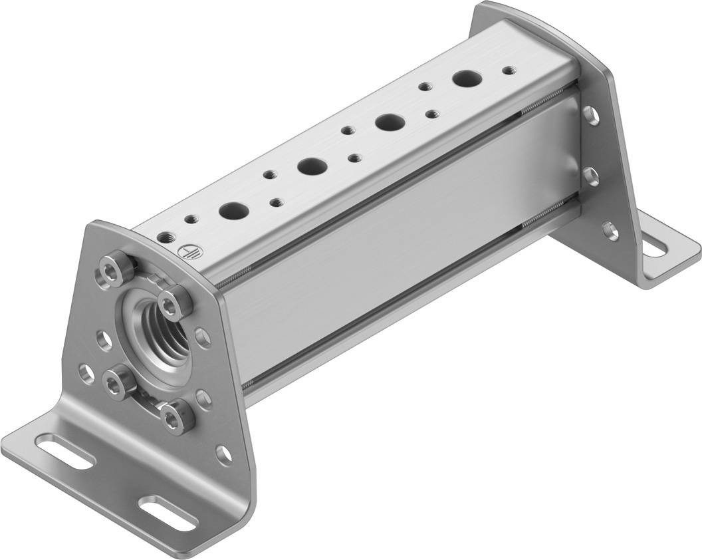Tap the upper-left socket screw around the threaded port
click(x=109, y=269)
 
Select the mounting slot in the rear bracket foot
click(x=655, y=248)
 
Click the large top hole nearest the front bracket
click(x=233, y=210)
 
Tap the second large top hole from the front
click(x=310, y=166)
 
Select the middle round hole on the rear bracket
click(x=591, y=176)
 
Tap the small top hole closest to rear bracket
click(x=509, y=69)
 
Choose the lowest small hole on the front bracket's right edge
click(x=225, y=455)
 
